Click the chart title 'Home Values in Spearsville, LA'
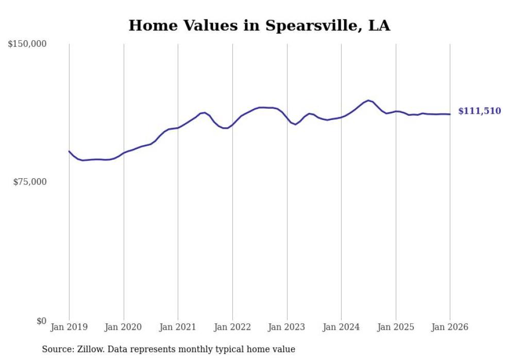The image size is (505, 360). (259, 25)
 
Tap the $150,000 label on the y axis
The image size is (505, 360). (27, 44)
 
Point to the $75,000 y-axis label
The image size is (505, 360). (29, 182)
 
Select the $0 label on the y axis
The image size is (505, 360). (41, 321)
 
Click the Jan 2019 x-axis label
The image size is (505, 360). (69, 327)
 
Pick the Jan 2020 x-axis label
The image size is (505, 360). (124, 327)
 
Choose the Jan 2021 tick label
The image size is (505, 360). (178, 327)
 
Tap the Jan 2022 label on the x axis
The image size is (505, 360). (232, 327)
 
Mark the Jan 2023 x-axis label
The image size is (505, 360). (287, 327)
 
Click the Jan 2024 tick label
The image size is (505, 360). (341, 327)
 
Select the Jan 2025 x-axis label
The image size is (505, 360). (396, 327)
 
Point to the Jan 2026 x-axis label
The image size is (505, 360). (450, 327)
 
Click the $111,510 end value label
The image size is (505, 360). (479, 111)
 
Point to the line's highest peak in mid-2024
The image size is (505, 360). (368, 100)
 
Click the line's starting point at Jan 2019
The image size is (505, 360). (69, 151)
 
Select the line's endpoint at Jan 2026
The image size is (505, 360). (450, 114)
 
